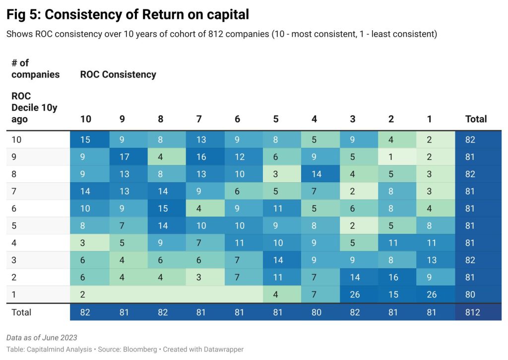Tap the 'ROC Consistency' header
pyautogui.click(x=118, y=74)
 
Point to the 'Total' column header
pyautogui.click(x=476, y=119)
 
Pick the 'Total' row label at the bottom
pyautogui.click(x=21, y=312)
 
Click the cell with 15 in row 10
pyautogui.click(x=85, y=140)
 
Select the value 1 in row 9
pyautogui.click(x=391, y=157)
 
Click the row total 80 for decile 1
pyautogui.click(x=470, y=294)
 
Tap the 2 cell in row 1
pyautogui.click(x=82, y=294)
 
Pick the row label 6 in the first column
pyautogui.click(x=14, y=209)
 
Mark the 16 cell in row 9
pyautogui.click(x=200, y=157)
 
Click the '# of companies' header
pyautogui.click(x=35, y=69)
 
